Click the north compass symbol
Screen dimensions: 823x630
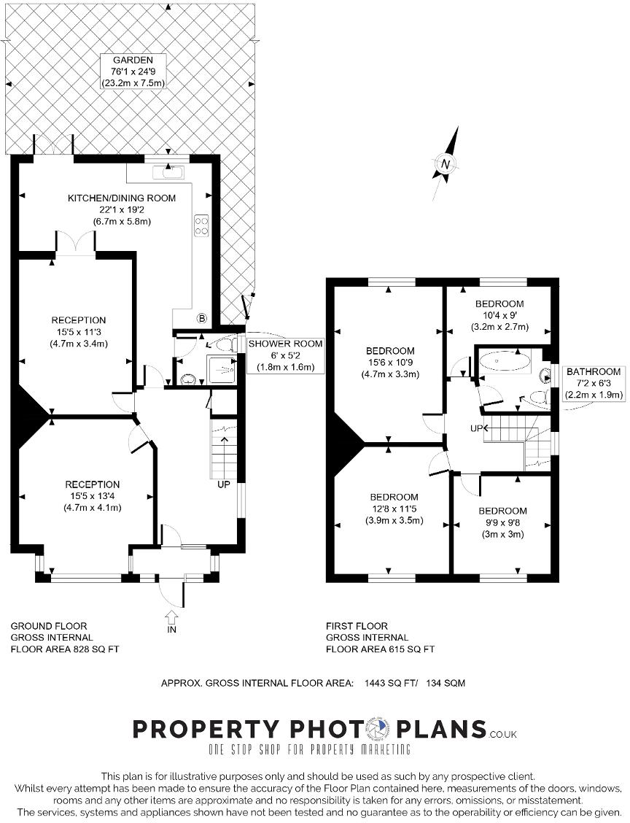click(x=446, y=163)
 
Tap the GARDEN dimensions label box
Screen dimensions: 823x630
click(x=133, y=72)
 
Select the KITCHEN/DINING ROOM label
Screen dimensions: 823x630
click(x=122, y=209)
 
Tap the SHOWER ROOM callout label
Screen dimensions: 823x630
click(x=285, y=355)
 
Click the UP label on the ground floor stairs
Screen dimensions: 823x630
click(x=223, y=484)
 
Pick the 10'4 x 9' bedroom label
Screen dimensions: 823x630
click(x=499, y=315)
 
